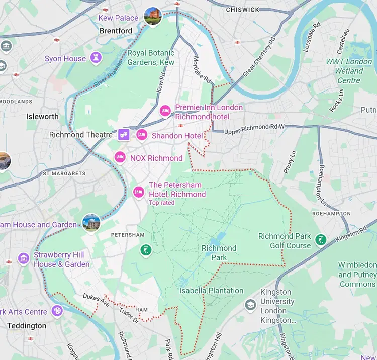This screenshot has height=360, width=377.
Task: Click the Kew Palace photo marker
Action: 152,16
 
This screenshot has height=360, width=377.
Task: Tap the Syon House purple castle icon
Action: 96,58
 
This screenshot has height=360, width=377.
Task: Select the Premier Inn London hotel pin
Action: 165,111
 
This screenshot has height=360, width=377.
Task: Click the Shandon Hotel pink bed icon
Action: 142,135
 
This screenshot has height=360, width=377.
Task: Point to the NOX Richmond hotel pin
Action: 120,157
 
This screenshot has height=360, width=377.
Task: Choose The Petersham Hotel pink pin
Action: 138,192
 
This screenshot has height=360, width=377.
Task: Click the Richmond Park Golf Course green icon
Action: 320,240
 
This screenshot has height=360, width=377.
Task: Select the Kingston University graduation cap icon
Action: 250,305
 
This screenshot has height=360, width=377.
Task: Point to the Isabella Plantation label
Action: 211,291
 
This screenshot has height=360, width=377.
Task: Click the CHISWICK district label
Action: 242,10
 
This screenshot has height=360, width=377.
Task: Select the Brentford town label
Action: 116,31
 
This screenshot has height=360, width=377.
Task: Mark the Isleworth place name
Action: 42,117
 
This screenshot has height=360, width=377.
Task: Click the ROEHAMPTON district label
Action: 330,214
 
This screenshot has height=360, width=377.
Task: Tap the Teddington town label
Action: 27,326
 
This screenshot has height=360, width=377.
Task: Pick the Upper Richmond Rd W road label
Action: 254,128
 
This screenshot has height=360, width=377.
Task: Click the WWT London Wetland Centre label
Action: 349,71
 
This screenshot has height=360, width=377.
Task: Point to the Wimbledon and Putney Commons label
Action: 357,274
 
